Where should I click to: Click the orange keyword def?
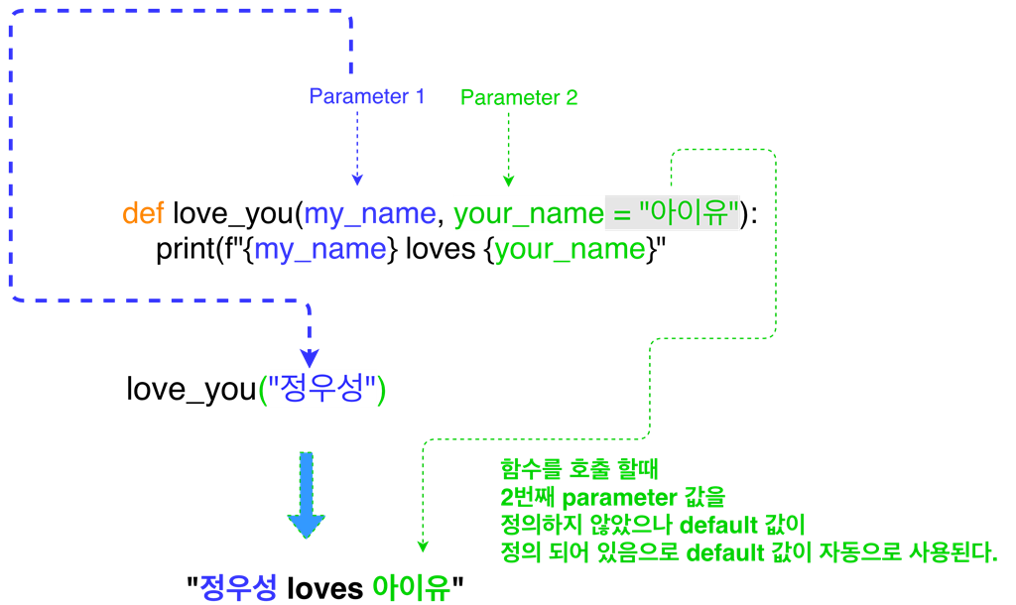(143, 213)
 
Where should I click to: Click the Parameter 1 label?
(366, 96)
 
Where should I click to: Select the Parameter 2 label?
(519, 97)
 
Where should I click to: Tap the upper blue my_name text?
(369, 213)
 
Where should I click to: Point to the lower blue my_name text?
(319, 249)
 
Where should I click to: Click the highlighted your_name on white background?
(529, 213)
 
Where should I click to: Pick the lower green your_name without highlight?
(570, 249)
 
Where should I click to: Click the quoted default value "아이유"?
(690, 213)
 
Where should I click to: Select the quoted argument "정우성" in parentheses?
(322, 389)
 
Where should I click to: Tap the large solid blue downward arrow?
(307, 496)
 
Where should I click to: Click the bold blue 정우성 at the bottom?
(238, 586)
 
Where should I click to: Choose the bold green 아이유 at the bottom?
(411, 587)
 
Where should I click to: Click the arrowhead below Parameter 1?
(357, 180)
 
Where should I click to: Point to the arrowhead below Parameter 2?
(508, 181)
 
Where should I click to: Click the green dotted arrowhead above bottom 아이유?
(423, 545)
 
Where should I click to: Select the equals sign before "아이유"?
(622, 213)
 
